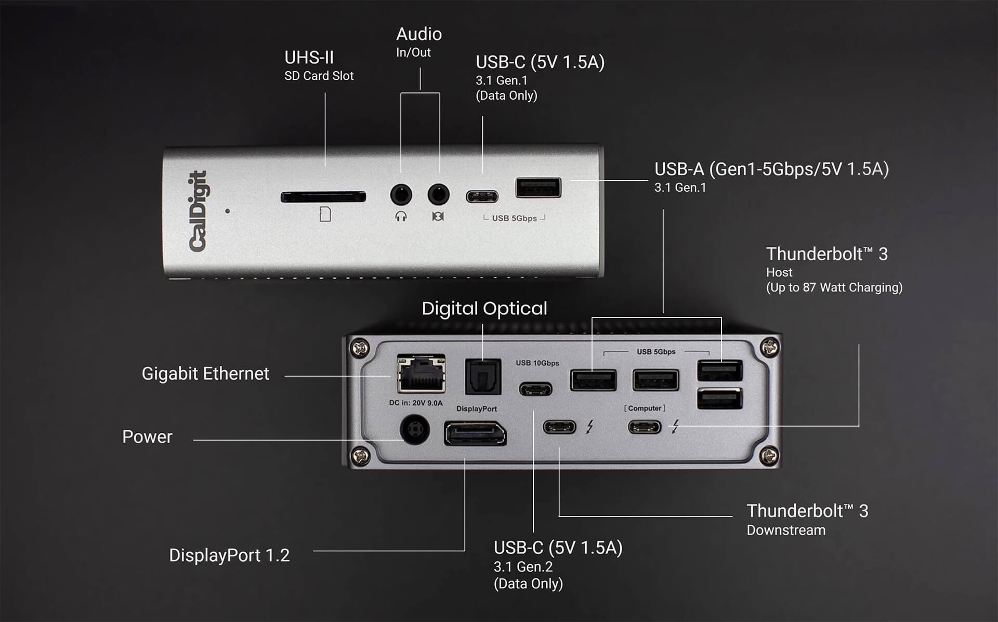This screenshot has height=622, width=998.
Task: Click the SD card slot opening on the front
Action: click(x=323, y=197)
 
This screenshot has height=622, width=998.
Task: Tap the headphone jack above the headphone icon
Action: click(x=401, y=195)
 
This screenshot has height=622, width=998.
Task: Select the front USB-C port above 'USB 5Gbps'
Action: click(x=482, y=197)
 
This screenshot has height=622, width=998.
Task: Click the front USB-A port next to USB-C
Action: click(x=539, y=188)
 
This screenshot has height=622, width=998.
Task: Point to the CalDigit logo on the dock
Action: click(x=198, y=211)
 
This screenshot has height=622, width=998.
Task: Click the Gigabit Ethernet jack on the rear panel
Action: click(x=421, y=373)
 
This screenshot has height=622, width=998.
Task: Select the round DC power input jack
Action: click(x=415, y=429)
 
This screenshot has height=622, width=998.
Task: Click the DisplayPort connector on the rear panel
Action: click(x=475, y=434)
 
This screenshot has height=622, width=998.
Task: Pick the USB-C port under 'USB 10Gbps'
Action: click(x=536, y=389)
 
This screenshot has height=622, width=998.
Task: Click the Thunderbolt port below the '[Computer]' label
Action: click(x=645, y=427)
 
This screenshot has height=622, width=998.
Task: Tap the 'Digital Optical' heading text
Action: click(x=484, y=309)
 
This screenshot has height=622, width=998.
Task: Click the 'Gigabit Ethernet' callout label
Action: click(x=205, y=374)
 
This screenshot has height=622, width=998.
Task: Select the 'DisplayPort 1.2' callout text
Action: click(x=229, y=555)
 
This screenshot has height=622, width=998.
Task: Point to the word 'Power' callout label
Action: click(x=147, y=437)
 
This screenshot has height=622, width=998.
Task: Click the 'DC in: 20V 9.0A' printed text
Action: click(x=416, y=403)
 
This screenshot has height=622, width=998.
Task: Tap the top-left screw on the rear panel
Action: click(x=360, y=347)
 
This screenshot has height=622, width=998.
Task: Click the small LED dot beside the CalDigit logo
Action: click(x=228, y=211)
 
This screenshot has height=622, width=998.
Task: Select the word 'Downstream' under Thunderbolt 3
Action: click(x=786, y=531)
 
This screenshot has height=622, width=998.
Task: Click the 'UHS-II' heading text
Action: click(x=309, y=58)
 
